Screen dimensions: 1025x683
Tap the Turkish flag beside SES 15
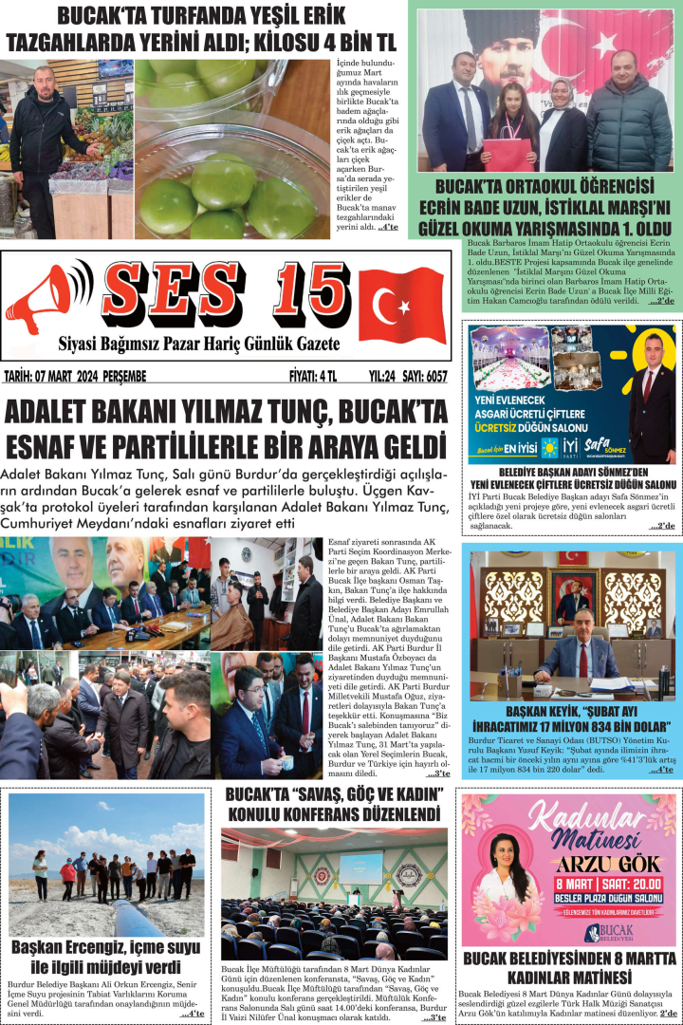[x=401, y=305]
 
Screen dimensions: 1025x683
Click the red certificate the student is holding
[x=508, y=153]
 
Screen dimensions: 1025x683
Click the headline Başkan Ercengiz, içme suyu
[x=105, y=947]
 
